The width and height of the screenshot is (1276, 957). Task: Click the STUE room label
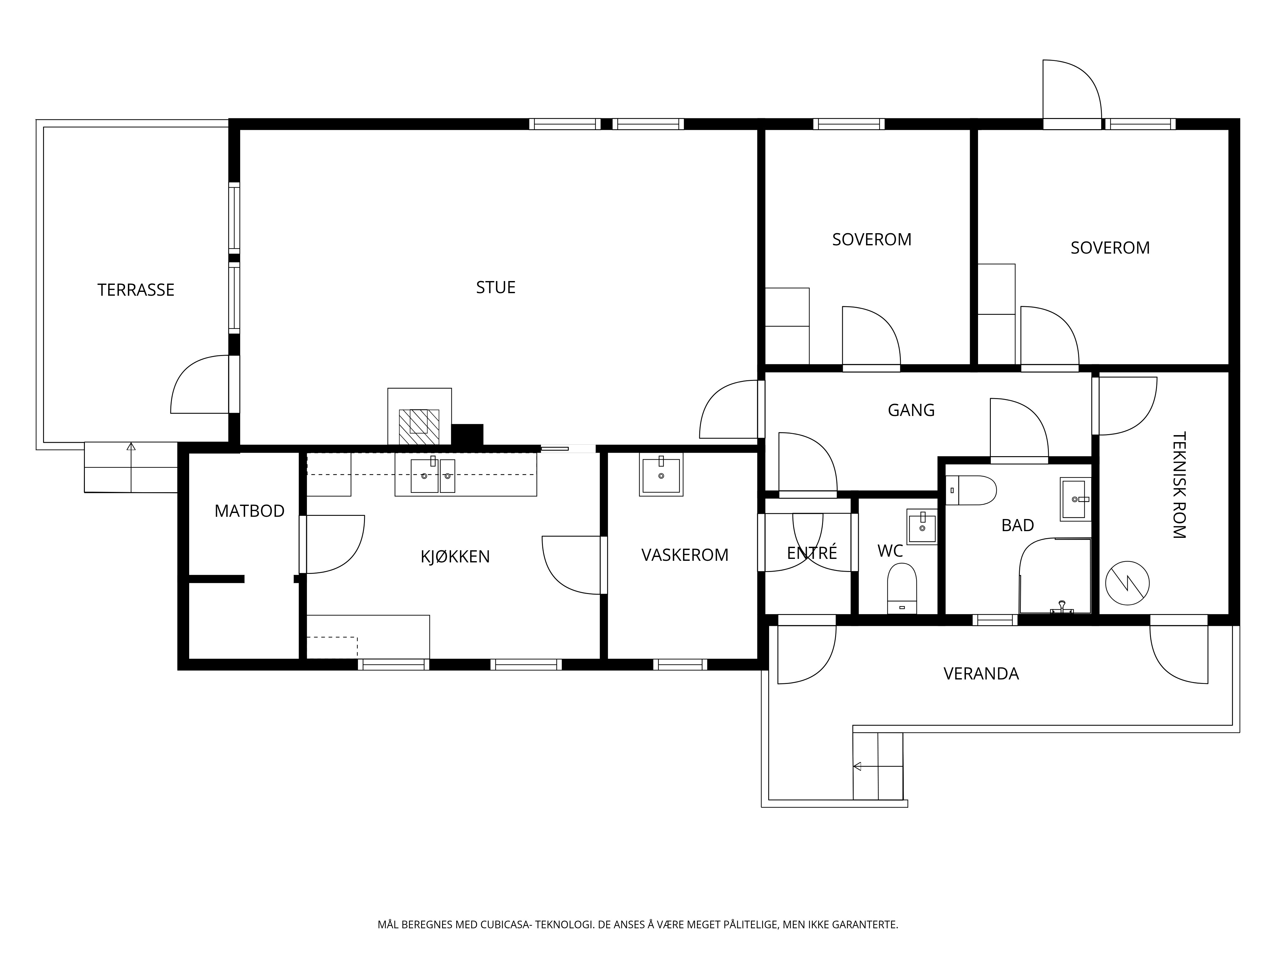point(495,287)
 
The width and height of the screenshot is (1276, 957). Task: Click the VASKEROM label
point(685,555)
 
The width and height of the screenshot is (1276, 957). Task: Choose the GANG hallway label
point(911,410)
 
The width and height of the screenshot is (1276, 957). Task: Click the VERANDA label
point(981,674)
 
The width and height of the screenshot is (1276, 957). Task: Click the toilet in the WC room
point(901,588)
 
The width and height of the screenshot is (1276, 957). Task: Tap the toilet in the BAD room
point(971,490)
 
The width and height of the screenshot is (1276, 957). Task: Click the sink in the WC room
point(922,526)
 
